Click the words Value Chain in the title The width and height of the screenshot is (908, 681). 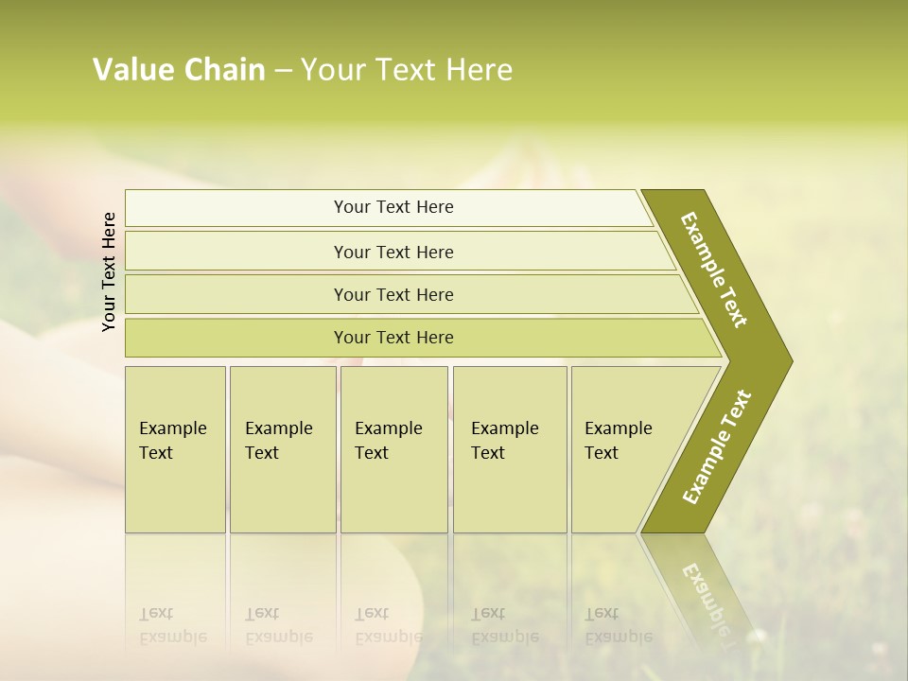click(x=179, y=70)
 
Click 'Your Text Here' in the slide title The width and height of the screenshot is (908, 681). click(x=407, y=70)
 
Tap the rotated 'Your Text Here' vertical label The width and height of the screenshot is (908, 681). click(x=110, y=271)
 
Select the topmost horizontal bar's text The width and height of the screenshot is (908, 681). click(x=393, y=207)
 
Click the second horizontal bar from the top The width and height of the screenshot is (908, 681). click(x=393, y=252)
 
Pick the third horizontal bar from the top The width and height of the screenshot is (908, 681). click(x=393, y=294)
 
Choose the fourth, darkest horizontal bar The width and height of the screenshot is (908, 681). click(x=393, y=338)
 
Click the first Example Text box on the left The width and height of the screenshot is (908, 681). click(x=173, y=441)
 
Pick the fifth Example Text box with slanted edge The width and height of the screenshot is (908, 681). click(x=619, y=441)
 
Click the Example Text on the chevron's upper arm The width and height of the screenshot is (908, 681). click(x=714, y=270)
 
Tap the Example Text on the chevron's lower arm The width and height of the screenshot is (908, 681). click(x=716, y=446)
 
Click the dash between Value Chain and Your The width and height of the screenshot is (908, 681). click(x=283, y=70)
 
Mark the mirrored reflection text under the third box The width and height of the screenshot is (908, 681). click(x=388, y=626)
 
